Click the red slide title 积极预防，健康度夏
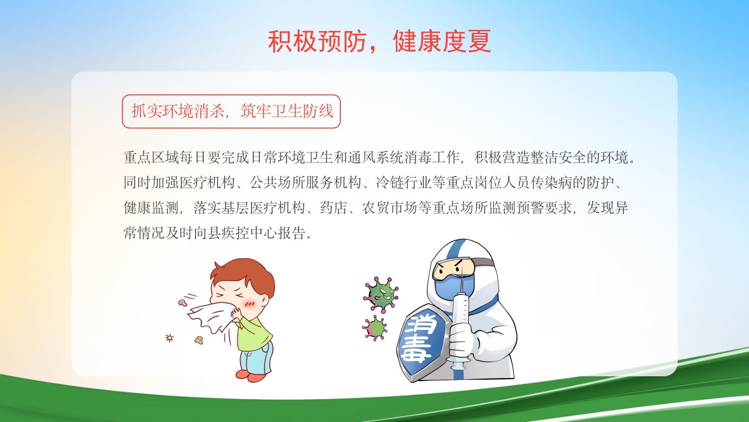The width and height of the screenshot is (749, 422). click(x=379, y=42)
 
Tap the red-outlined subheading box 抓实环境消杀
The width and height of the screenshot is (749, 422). click(x=231, y=111)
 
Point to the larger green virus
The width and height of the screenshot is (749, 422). click(x=381, y=294)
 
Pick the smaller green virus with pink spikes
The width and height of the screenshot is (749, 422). click(x=375, y=328)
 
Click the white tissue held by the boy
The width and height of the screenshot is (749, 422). click(x=211, y=317)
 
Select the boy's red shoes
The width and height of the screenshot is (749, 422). click(x=250, y=375)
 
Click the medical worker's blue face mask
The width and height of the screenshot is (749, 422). click(x=450, y=287)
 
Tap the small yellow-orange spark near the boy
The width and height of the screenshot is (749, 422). click(x=170, y=338)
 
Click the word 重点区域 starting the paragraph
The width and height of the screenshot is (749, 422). click(x=145, y=158)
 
